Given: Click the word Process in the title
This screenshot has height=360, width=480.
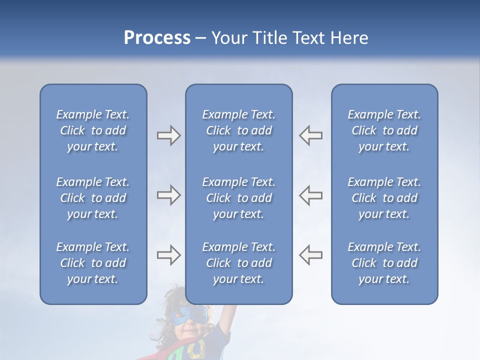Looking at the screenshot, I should coord(157,38).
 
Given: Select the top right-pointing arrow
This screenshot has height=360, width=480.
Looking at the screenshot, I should coord(168,135).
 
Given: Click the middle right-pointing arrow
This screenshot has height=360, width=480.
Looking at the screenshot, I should coord(168,195).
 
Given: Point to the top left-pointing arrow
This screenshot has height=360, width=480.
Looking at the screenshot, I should coord(311,135).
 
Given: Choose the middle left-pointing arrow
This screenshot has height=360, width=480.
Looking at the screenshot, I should coord(311,195).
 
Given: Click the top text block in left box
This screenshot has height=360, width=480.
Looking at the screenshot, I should coord(93,130).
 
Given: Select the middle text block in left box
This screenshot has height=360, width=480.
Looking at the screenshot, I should coord(93,198).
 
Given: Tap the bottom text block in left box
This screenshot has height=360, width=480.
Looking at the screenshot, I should coord(93,263).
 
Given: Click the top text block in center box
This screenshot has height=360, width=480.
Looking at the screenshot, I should coord(239,130).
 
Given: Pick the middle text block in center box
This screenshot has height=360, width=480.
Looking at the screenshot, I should coord(239,198).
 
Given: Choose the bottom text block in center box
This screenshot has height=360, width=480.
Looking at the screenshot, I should coord(239,263).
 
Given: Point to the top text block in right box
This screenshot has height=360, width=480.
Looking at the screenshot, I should coord(384,130).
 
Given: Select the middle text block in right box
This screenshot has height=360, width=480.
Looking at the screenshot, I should coord(384,198).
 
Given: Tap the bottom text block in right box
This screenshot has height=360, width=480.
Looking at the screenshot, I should coord(384,263).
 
